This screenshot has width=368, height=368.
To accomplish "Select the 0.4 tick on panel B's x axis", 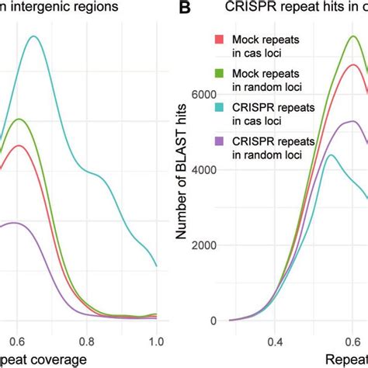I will tap(275, 340).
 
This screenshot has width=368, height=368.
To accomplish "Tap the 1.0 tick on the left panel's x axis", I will tap(156, 340).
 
